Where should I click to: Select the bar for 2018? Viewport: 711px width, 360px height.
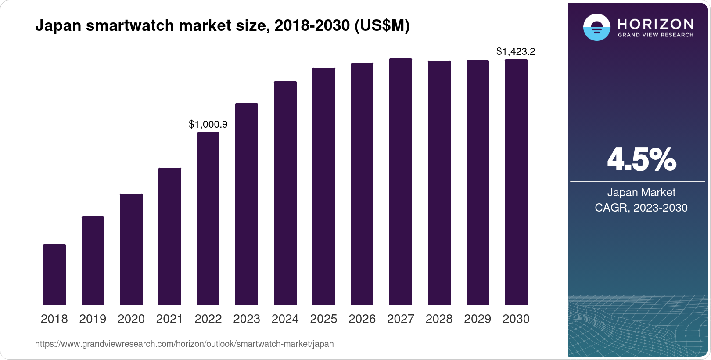point(54,274)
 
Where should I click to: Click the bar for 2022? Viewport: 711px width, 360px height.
point(208,218)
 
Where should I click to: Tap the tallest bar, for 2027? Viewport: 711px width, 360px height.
point(401,181)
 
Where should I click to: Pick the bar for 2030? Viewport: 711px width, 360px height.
point(516,182)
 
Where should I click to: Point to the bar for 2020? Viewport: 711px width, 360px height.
point(131,249)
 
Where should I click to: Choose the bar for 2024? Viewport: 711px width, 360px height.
point(285,193)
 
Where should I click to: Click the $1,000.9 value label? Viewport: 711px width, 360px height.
point(208,125)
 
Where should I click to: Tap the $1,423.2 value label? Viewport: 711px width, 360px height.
point(516,52)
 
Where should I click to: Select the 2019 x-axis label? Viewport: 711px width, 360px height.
point(93,319)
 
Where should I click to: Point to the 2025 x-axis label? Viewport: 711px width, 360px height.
point(323,319)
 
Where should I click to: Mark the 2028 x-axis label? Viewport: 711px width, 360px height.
point(439,319)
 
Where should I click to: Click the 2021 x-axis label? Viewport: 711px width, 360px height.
point(169,319)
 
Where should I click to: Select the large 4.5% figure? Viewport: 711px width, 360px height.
point(641,160)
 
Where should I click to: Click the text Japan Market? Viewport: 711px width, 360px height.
point(641,192)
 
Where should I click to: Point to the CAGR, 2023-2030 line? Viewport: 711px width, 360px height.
point(641,208)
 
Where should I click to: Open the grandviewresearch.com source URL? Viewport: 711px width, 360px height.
point(184,344)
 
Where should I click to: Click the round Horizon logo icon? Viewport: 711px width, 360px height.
point(596,27)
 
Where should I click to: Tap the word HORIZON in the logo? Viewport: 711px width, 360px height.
point(655,24)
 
